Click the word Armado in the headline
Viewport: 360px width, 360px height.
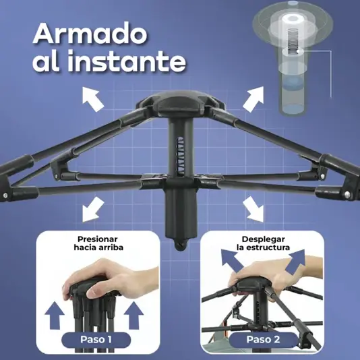(x=90, y=34)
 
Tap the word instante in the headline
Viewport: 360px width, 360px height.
(x=127, y=61)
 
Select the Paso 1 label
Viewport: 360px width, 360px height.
(x=96, y=340)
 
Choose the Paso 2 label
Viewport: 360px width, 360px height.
(x=263, y=339)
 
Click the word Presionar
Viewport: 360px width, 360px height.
(x=98, y=239)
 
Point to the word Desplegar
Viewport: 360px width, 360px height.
(x=264, y=239)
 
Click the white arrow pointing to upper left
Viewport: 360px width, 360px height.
(x=93, y=99)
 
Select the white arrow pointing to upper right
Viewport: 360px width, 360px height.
(x=253, y=99)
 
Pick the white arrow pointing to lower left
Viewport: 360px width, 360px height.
(x=93, y=209)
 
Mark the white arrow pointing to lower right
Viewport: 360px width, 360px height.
(x=253, y=209)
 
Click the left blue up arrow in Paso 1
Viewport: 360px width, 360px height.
(x=55, y=316)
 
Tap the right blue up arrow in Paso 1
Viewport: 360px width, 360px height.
(x=133, y=316)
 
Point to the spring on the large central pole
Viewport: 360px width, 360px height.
(x=181, y=156)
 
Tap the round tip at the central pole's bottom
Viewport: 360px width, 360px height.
(x=180, y=245)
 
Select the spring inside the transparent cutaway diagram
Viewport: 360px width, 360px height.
(x=293, y=41)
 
